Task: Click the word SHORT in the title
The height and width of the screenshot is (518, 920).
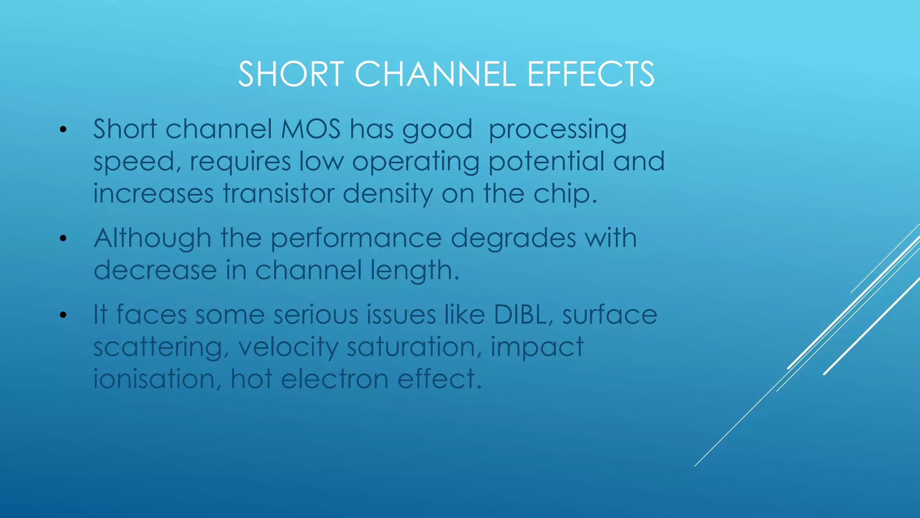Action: [291, 74]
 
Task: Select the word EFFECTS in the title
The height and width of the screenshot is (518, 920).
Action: [591, 74]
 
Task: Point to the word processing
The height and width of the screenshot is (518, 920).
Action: [557, 130]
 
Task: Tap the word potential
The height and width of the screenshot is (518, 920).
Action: [546, 162]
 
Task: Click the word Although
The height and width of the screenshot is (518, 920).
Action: [152, 238]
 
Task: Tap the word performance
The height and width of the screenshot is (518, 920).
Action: [356, 239]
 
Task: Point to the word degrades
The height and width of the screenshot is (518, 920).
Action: [513, 238]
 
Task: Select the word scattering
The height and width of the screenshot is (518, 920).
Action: [158, 348]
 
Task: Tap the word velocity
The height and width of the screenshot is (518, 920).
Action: [288, 348]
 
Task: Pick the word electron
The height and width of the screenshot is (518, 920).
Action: [335, 379]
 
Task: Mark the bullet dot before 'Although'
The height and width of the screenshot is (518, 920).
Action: [63, 238]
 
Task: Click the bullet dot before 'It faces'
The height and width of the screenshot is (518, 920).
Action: [63, 315]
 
